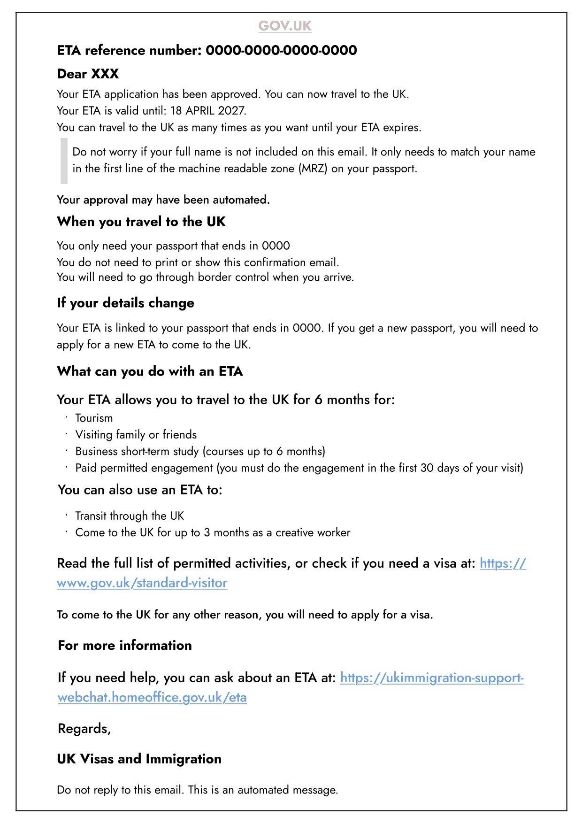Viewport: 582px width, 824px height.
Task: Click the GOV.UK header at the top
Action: pos(284,25)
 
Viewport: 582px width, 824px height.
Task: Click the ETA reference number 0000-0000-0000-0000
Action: pos(281,50)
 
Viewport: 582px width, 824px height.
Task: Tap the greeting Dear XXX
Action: pos(88,74)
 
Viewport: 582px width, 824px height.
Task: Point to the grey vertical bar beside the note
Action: pos(64,160)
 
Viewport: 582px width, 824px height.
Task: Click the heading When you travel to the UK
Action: pos(141,222)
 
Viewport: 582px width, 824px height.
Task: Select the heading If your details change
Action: pos(125,303)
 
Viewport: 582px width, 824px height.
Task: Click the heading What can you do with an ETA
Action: pos(150,371)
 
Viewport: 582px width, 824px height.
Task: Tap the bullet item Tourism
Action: pos(94,418)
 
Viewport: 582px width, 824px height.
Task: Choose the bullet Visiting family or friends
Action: pos(136,435)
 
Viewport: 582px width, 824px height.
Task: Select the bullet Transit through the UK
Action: pos(130,516)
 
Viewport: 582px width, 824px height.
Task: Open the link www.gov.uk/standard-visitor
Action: pos(142,583)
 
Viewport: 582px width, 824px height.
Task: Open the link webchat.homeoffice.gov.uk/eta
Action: pos(152,698)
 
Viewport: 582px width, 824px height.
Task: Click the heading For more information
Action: pos(124,645)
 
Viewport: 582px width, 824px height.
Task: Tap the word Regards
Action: pos(84,729)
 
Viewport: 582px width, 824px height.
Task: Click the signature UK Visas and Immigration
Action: pos(139,759)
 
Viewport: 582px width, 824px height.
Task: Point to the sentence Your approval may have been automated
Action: pos(163,200)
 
